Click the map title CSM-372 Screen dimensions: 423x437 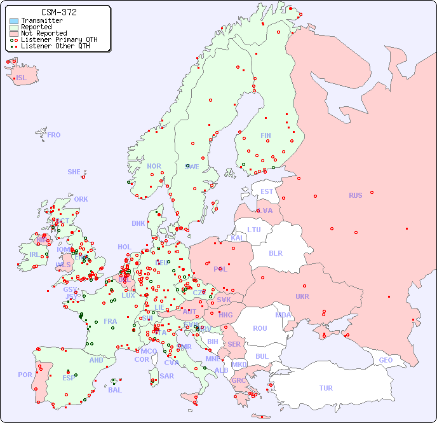tap(58, 12)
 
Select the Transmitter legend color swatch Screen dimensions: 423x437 tap(14, 21)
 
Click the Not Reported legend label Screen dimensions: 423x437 tap(43, 33)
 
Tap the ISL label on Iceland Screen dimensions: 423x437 tap(22, 78)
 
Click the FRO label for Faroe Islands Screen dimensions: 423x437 tap(54, 135)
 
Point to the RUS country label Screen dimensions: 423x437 tap(355, 195)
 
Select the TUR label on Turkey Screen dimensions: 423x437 tap(326, 388)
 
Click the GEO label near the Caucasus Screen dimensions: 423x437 tap(386, 360)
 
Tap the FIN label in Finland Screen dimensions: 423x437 tap(266, 135)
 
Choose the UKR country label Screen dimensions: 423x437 tap(302, 296)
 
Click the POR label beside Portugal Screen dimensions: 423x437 tap(25, 375)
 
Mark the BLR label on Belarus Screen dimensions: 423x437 tap(276, 253)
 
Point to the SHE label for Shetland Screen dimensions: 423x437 tap(74, 172)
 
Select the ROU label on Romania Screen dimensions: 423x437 tap(260, 328)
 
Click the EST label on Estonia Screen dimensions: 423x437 tap(267, 191)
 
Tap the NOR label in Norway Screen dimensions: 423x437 tap(154, 166)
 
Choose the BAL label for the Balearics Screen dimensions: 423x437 tap(114, 390)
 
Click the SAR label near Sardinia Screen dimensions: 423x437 tap(166, 376)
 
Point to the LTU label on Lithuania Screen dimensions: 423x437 tap(254, 230)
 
